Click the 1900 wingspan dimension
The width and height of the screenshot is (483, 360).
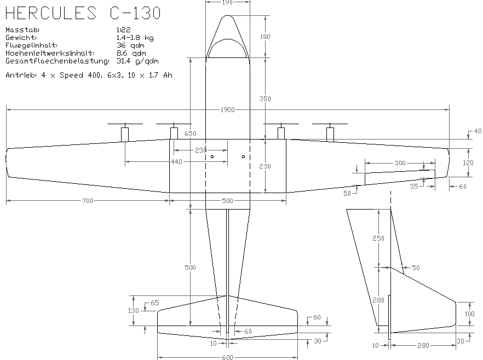click(x=228, y=110)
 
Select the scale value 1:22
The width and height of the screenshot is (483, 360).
click(x=123, y=30)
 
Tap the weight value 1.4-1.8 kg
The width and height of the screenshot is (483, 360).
click(x=135, y=37)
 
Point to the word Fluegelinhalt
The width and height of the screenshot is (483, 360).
click(x=31, y=45)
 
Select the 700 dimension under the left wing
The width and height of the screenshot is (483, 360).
click(x=88, y=201)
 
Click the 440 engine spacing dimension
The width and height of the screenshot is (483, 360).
click(x=176, y=162)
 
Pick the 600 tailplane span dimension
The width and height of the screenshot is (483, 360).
click(x=228, y=357)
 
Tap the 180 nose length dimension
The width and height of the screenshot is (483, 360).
click(x=266, y=37)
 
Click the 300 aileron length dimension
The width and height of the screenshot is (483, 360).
click(x=400, y=163)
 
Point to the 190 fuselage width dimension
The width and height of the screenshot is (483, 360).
click(x=228, y=2)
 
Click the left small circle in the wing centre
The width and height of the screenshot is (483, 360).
click(x=212, y=157)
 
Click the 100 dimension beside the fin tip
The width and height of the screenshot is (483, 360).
click(x=469, y=313)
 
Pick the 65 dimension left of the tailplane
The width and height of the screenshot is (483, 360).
click(x=154, y=303)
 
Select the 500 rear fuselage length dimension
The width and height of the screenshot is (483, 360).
click(x=190, y=268)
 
